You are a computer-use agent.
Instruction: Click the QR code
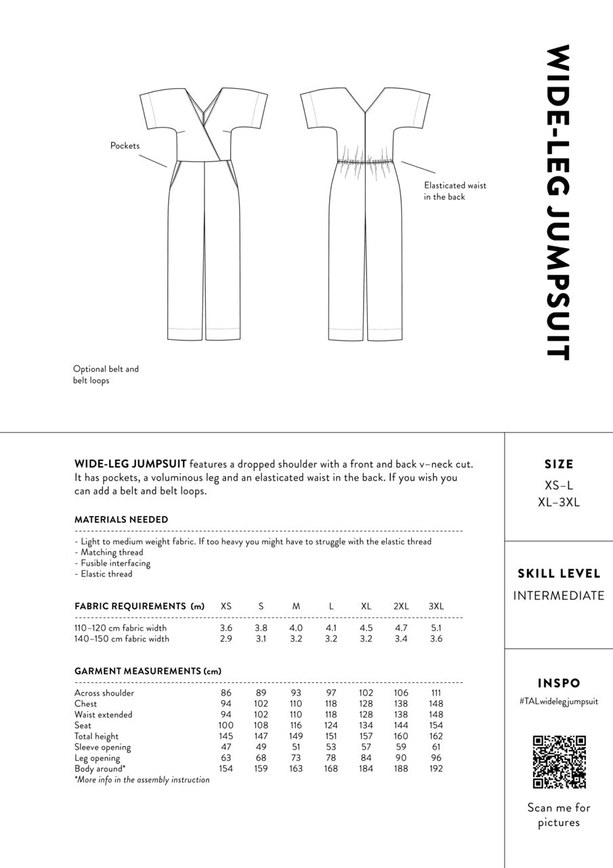point(559,762)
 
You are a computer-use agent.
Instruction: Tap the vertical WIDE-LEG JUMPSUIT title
point(559,202)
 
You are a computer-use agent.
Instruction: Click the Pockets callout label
point(125,146)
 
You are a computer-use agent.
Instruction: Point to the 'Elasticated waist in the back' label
point(455,191)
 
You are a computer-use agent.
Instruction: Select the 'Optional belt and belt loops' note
point(106,375)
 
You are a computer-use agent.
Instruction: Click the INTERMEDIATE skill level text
point(559,596)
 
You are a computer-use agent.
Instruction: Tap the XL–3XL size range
point(559,502)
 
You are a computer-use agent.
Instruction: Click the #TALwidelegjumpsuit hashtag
point(559,702)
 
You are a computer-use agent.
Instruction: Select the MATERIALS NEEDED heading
point(121,519)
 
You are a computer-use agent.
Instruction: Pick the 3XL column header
point(436,606)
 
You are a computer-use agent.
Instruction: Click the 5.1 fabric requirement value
point(436,628)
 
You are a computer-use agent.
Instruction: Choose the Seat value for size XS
point(226,726)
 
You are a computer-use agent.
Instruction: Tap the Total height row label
point(96,736)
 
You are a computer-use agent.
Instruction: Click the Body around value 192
point(436,769)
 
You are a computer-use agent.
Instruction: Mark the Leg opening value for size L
point(331,758)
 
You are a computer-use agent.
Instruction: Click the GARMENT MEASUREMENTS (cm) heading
point(148,671)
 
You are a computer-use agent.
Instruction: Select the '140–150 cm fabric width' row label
point(122,639)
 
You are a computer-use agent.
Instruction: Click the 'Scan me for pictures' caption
point(559,815)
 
